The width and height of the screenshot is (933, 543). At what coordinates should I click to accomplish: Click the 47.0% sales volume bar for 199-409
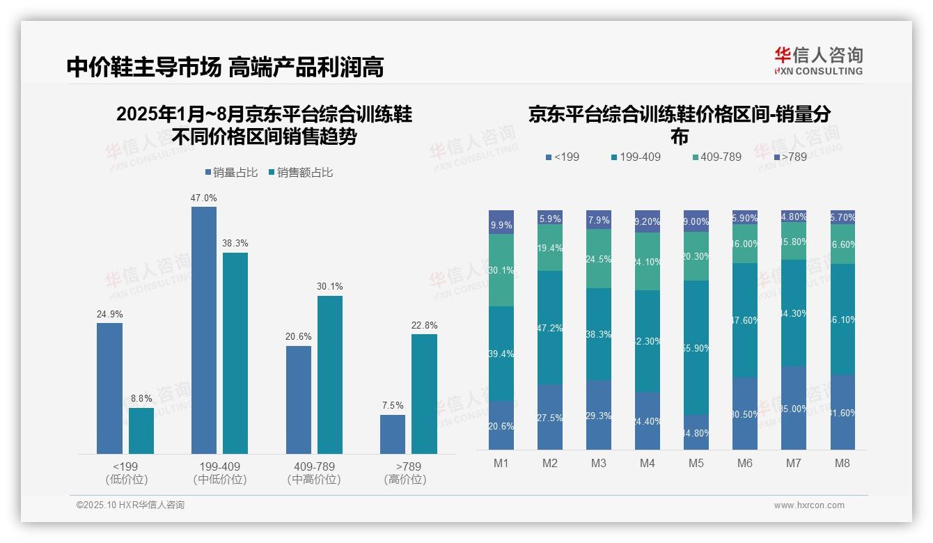click(x=203, y=330)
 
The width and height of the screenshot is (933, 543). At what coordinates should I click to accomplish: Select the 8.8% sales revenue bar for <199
click(x=141, y=431)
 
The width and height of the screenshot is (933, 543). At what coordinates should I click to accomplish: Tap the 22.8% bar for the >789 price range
click(x=424, y=394)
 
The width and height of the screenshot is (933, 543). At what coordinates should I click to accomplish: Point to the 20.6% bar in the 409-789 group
click(x=298, y=400)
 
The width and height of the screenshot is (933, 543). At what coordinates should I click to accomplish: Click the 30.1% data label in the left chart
click(x=329, y=286)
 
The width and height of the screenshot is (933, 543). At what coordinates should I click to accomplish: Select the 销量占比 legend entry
click(x=231, y=173)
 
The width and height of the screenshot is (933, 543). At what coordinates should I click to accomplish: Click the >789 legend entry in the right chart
click(x=790, y=157)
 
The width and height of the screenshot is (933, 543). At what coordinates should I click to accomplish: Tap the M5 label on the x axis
click(x=696, y=464)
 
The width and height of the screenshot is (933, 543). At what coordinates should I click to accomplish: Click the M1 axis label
click(x=501, y=464)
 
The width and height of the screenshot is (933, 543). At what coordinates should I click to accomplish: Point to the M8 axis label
click(x=842, y=464)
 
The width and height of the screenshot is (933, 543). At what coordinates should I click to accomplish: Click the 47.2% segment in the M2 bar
click(x=549, y=327)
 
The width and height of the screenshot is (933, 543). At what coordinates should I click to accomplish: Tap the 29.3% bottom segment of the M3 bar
click(x=598, y=415)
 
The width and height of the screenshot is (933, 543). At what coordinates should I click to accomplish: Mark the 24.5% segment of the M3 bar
click(x=598, y=258)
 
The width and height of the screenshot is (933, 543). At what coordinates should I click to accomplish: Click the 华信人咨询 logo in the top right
click(x=818, y=61)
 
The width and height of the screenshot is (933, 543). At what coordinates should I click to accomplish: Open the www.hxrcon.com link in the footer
click(x=808, y=505)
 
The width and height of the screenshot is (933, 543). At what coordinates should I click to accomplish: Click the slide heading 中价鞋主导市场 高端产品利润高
click(x=225, y=68)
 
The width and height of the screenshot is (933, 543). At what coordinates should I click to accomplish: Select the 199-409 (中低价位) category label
click(x=220, y=473)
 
